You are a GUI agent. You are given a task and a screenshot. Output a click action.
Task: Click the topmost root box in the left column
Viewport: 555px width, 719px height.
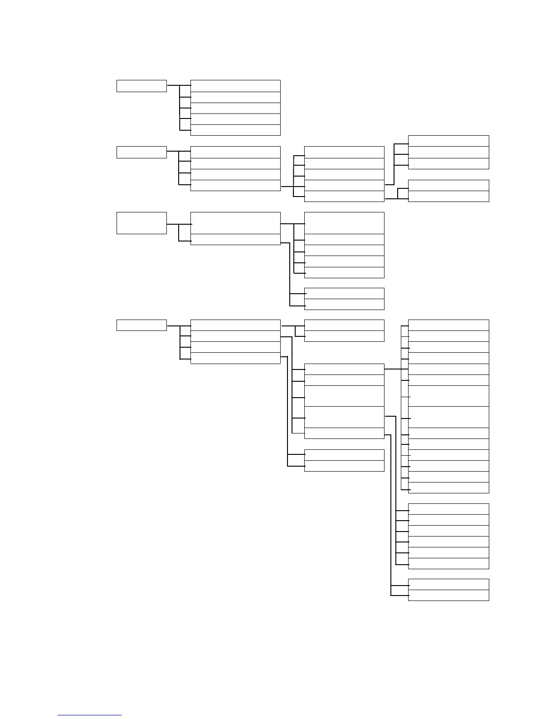pos(141,86)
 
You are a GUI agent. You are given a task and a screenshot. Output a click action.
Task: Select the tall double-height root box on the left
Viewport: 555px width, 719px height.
pos(141,223)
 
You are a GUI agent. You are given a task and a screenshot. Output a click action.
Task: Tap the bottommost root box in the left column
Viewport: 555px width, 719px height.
pos(141,325)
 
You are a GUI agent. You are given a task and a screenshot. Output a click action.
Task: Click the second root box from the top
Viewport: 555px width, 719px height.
pos(141,152)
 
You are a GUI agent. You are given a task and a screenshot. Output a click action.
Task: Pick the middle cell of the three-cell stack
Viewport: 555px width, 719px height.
pos(448,152)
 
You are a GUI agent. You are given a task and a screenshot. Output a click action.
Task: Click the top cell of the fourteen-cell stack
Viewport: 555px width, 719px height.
pos(448,325)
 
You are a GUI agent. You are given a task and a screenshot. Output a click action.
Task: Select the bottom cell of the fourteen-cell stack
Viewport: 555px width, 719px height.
pos(448,488)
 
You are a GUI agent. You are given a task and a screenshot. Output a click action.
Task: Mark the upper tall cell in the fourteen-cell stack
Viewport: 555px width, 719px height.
pos(448,396)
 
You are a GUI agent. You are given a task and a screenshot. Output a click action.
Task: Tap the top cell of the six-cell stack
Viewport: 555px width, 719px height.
pos(448,509)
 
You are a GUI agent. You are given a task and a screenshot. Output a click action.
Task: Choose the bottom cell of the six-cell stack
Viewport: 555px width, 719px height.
pos(448,564)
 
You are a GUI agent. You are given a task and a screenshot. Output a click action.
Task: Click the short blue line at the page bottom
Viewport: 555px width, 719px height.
pos(90,715)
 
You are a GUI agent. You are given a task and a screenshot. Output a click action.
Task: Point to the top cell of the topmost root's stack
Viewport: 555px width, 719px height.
pos(235,86)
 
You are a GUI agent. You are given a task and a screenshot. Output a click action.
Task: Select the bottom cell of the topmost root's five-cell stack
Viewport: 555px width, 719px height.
pos(235,130)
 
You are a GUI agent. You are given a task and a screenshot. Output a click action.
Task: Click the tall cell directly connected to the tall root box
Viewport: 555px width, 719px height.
pos(235,223)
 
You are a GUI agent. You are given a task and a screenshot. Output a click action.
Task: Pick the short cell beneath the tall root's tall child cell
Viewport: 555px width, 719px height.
pos(235,240)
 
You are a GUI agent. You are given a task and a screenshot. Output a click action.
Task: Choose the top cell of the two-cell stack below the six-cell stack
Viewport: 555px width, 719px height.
pos(448,585)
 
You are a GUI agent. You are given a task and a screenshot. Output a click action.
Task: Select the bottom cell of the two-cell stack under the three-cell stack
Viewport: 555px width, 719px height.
pos(448,197)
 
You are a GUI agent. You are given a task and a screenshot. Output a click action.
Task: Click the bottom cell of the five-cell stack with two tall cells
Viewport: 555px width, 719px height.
pos(344,433)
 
